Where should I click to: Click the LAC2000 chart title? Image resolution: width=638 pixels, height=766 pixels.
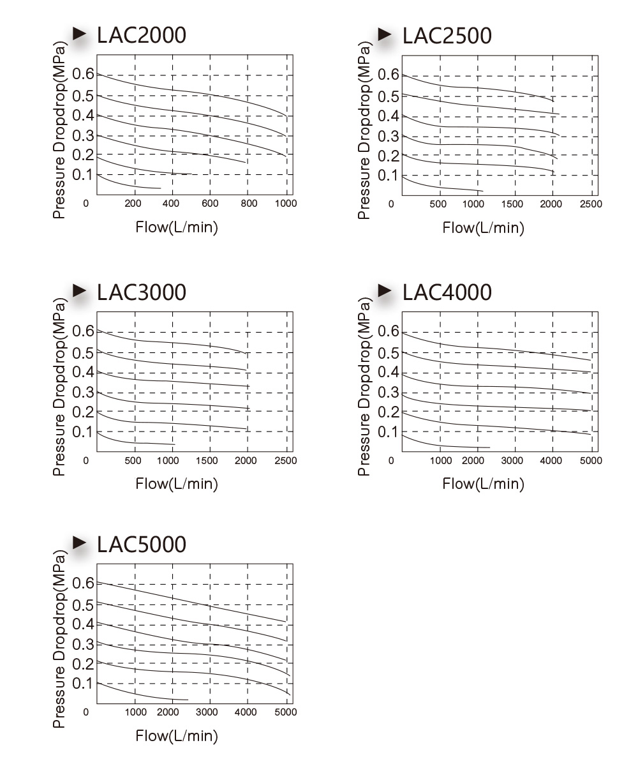[x=142, y=35]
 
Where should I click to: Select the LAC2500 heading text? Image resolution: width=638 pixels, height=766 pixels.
[x=447, y=36]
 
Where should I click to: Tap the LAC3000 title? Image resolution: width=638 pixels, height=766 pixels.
[x=142, y=292]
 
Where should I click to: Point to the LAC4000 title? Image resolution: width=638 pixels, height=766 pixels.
[x=447, y=292]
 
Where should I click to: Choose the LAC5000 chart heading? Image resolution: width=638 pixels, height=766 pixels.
[x=142, y=544]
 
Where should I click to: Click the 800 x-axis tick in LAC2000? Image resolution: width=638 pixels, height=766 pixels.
[x=249, y=203]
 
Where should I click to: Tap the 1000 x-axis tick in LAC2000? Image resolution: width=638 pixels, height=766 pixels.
[x=286, y=203]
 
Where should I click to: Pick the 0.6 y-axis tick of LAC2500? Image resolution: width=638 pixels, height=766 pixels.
[x=389, y=75]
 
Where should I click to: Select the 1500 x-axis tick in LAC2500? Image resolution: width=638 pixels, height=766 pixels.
[x=512, y=204]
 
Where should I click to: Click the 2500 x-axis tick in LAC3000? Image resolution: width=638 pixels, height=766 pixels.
[x=286, y=460]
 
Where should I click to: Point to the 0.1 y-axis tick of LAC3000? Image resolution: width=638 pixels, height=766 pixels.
[x=83, y=432]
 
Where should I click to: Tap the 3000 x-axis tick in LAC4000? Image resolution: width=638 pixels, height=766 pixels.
[x=512, y=460]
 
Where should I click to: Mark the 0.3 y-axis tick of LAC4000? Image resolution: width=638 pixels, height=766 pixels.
[x=389, y=393]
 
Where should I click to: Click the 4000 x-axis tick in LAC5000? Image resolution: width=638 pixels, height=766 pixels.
[x=246, y=712]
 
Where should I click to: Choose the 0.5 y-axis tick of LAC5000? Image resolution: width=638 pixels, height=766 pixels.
[x=83, y=605]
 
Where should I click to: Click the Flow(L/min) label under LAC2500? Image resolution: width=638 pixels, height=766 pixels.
[x=483, y=228]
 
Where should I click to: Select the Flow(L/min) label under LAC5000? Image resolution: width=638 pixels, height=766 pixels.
[x=177, y=735]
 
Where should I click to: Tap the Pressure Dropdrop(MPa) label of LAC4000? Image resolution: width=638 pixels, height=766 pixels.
[x=364, y=387]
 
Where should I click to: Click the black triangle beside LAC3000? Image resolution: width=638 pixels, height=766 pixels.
[x=80, y=290]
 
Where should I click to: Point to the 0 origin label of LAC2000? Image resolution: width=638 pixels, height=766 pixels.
[x=85, y=203]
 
